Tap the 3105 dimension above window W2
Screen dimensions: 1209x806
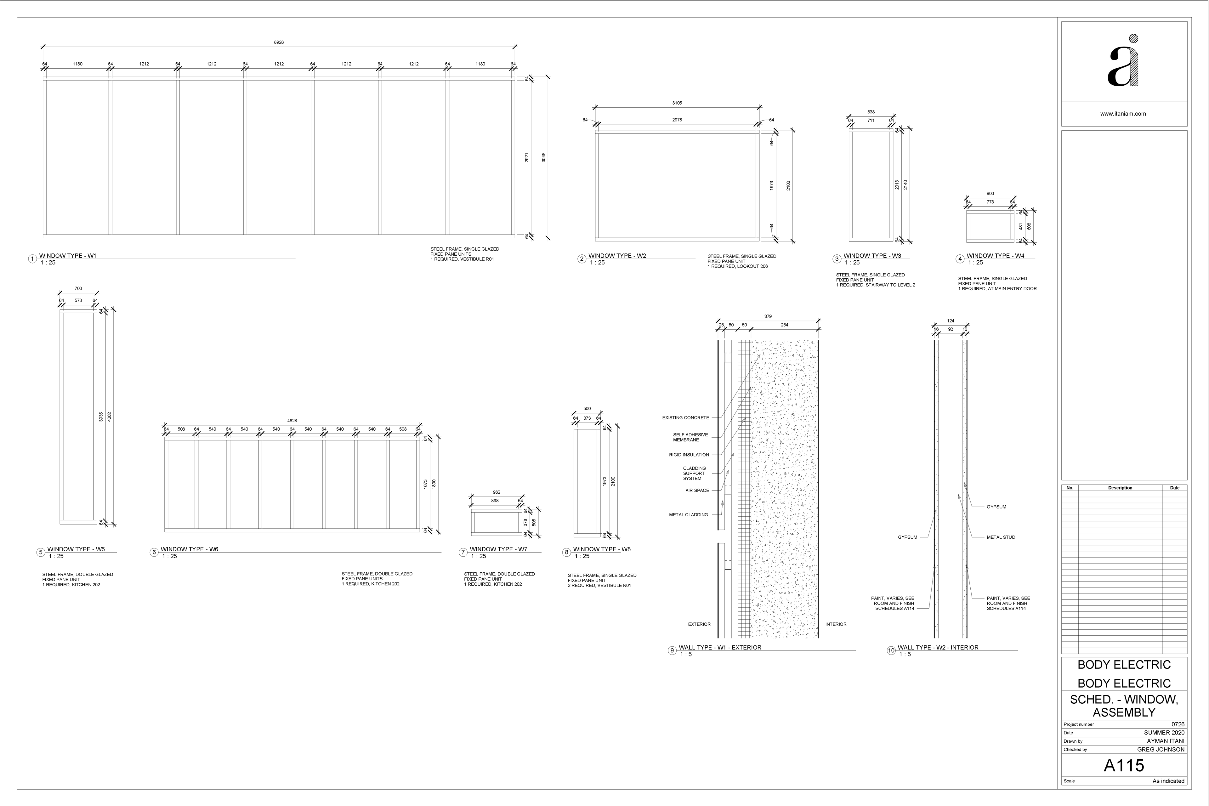click(677, 103)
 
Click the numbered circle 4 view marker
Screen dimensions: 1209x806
click(960, 259)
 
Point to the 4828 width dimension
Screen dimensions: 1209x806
click(292, 421)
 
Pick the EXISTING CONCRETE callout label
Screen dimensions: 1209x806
click(685, 418)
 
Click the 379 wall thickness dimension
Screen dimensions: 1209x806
click(768, 317)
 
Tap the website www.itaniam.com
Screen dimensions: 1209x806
click(1123, 114)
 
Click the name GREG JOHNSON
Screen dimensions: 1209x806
click(1161, 749)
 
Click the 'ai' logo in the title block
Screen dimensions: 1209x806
click(1123, 61)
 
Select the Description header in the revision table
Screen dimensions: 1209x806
click(1120, 488)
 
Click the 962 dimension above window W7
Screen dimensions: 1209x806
click(497, 492)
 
